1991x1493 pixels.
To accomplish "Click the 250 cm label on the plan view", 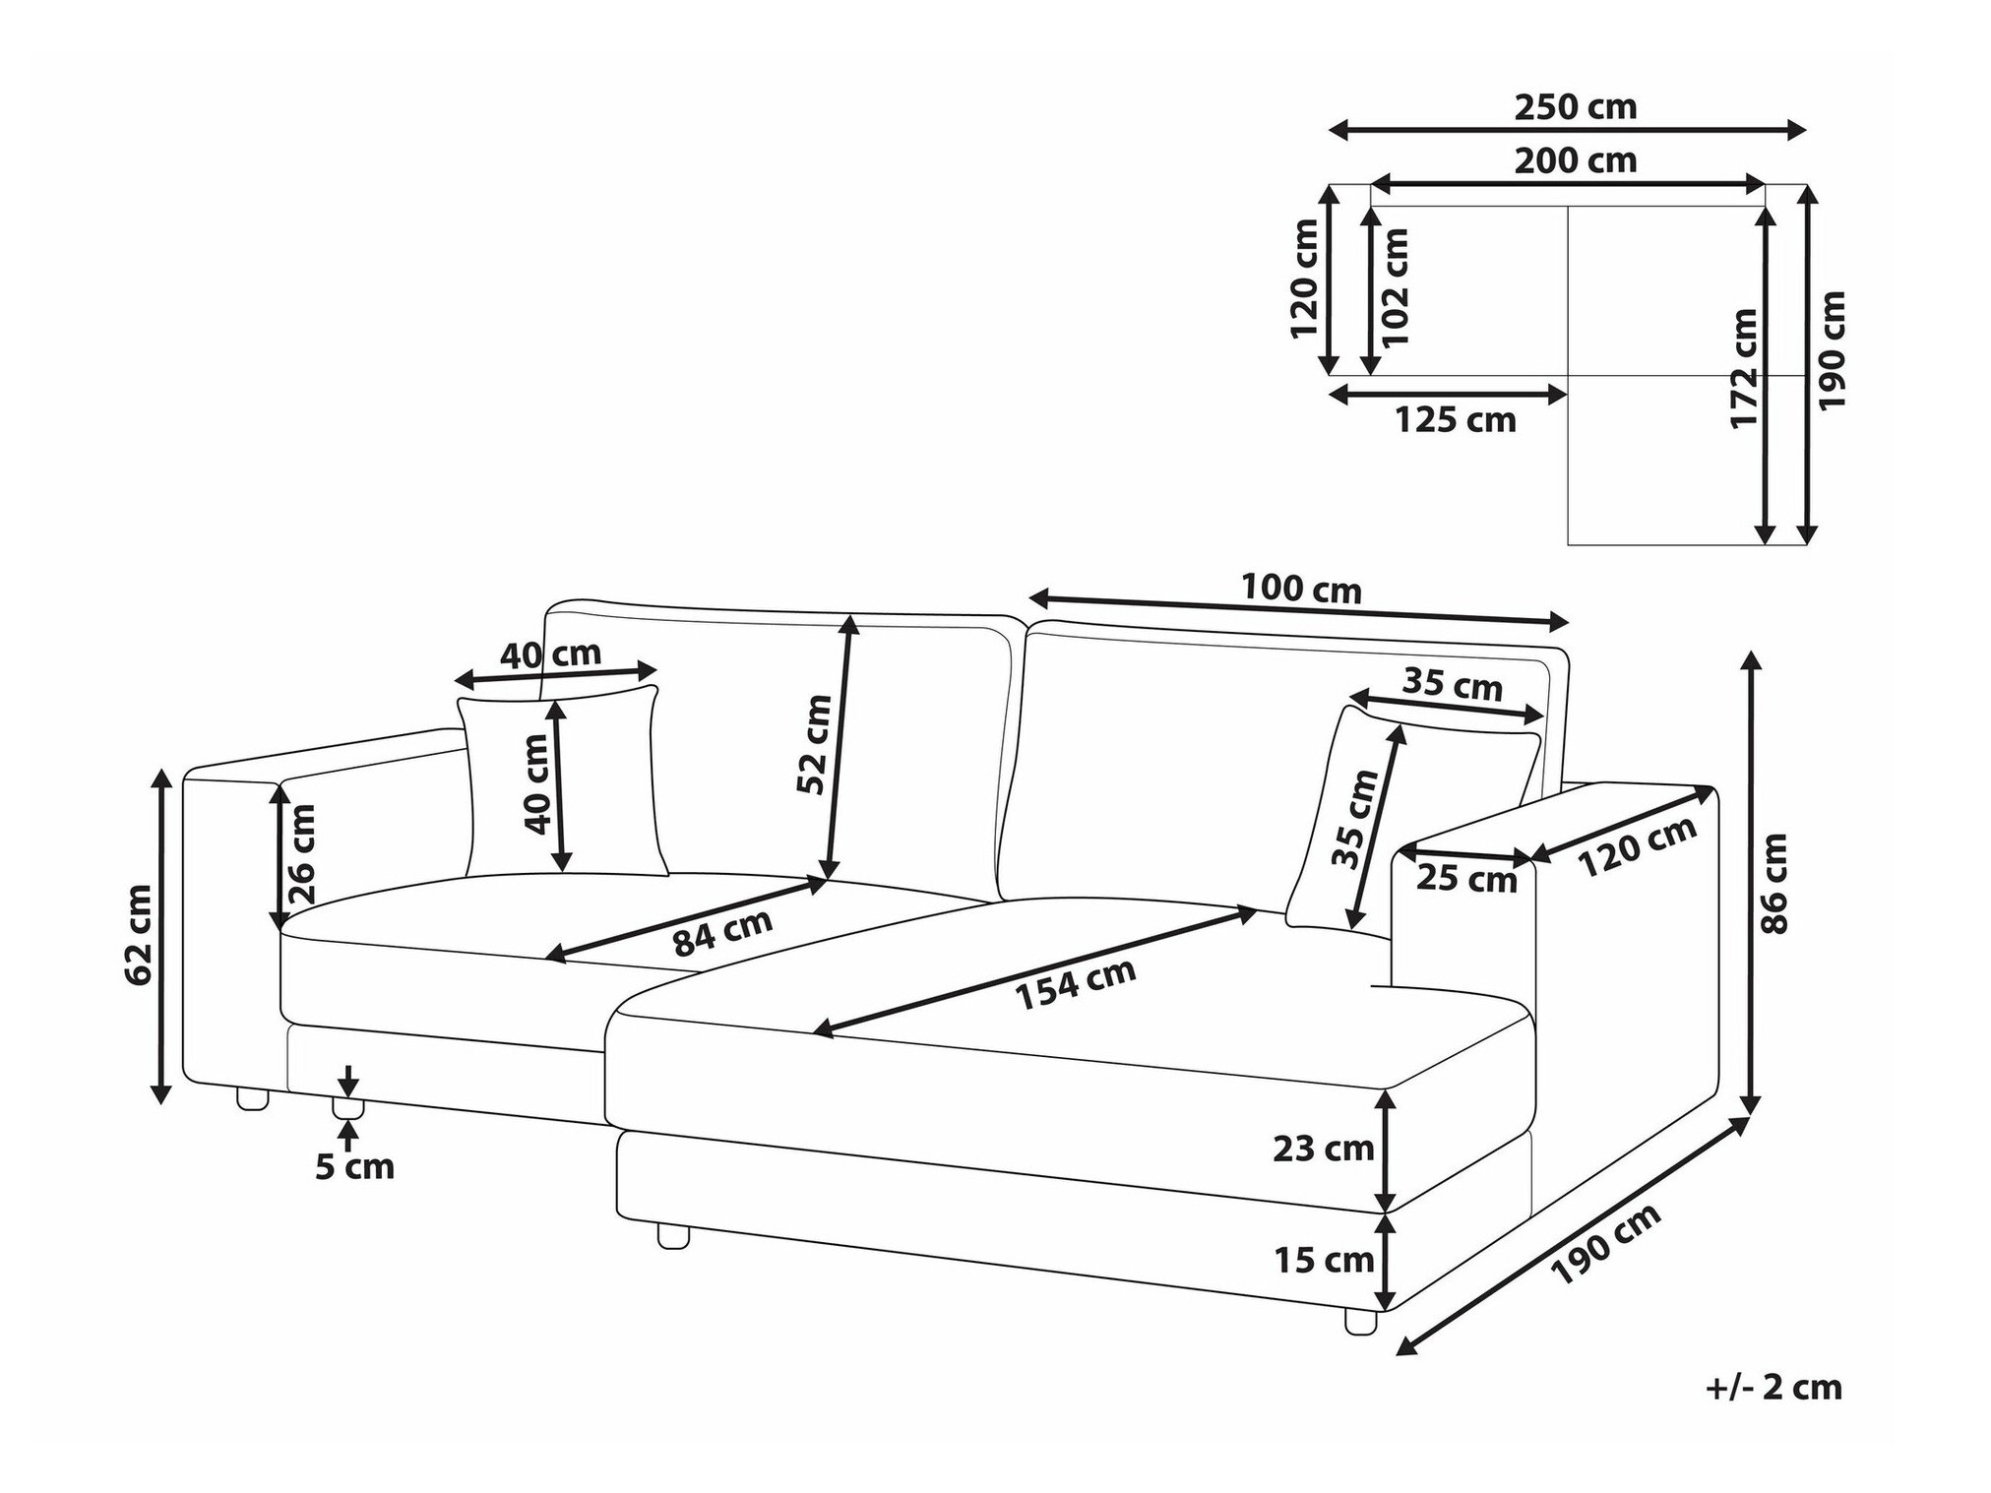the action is [1575, 107].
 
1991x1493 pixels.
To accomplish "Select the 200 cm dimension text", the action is [1575, 160].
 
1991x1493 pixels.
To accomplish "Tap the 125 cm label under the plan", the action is [1455, 420].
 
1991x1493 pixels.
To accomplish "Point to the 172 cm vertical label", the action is [1744, 368].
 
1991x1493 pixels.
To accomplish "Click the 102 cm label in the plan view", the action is [1396, 286].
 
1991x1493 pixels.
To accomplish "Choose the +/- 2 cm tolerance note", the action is [1773, 1387].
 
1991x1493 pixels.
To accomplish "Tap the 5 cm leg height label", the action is [354, 1166].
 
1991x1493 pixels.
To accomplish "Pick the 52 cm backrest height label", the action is [815, 744].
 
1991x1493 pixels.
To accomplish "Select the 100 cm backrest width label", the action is [1301, 589].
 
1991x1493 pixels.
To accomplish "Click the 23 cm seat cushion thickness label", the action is [1323, 1148].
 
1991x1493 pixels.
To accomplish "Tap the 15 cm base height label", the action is [1324, 1260].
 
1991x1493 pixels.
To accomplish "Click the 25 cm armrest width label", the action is [1466, 879].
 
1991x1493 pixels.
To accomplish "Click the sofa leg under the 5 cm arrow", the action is [347, 1108].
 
